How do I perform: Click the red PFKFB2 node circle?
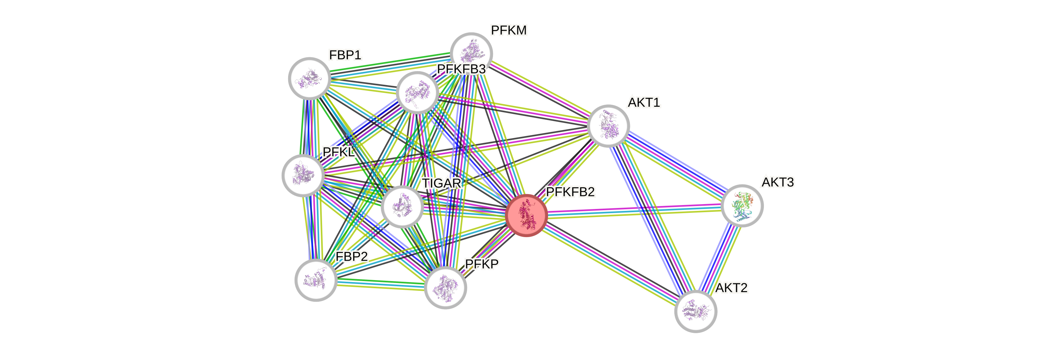[526, 215]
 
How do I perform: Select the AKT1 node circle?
[608, 125]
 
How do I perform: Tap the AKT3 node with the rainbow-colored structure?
[742, 205]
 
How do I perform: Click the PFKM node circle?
[471, 53]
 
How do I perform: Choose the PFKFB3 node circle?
[417, 93]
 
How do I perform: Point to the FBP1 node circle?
[309, 79]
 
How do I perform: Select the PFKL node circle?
[303, 176]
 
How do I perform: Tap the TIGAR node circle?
[402, 206]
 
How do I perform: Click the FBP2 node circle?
[316, 280]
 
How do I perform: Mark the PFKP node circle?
[445, 287]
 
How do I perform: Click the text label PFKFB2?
[570, 192]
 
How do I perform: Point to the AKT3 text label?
[778, 182]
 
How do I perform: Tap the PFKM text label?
[509, 30]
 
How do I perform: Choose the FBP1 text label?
[345, 55]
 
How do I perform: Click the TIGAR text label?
[442, 183]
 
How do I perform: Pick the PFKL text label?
[339, 152]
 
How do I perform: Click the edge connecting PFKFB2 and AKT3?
[633, 211]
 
